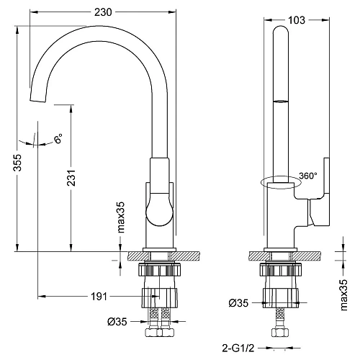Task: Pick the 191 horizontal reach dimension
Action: coord(100,296)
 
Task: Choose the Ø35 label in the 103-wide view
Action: coord(240,303)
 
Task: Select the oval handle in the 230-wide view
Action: coord(159,212)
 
